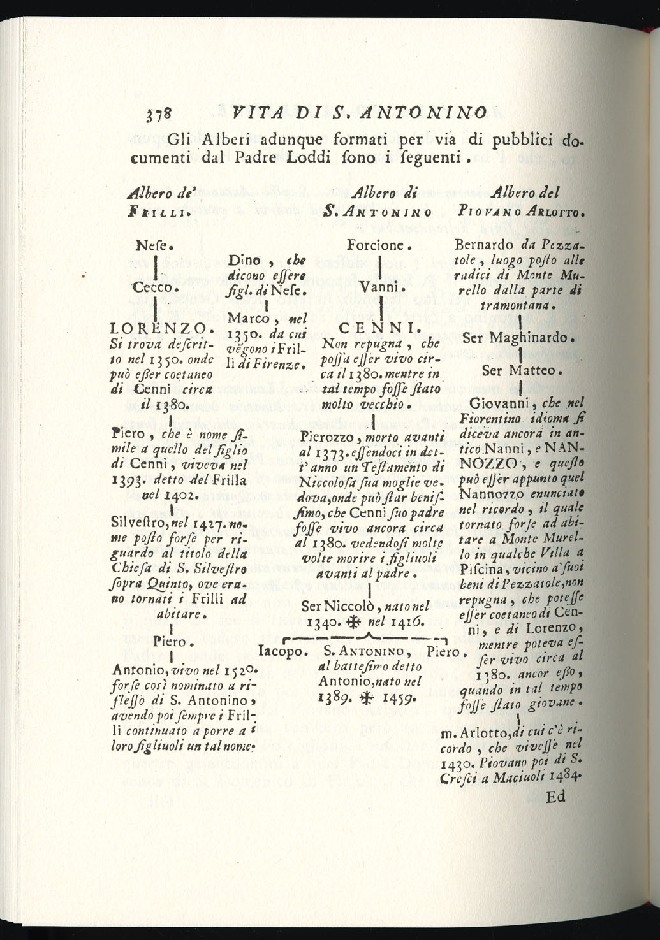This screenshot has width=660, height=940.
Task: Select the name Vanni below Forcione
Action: point(379,287)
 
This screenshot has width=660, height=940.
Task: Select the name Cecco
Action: point(155,287)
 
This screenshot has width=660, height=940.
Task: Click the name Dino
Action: point(245,260)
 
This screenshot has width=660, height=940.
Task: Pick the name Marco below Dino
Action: point(249,317)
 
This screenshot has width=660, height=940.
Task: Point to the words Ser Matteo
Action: point(519,370)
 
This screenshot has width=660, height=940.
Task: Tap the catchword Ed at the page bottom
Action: point(555,797)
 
